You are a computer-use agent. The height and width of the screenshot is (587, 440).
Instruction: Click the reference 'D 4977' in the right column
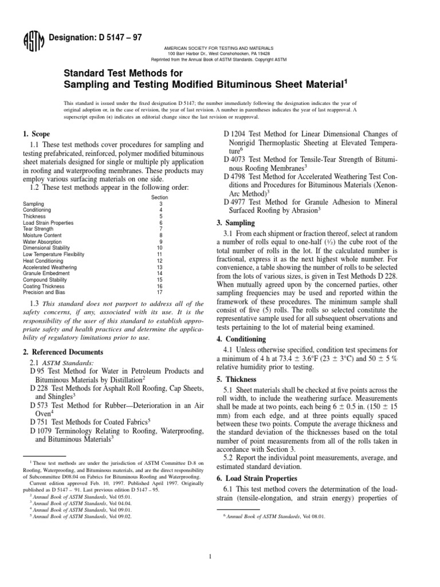tap(235, 202)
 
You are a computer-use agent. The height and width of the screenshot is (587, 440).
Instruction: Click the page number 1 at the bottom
tap(220, 555)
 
